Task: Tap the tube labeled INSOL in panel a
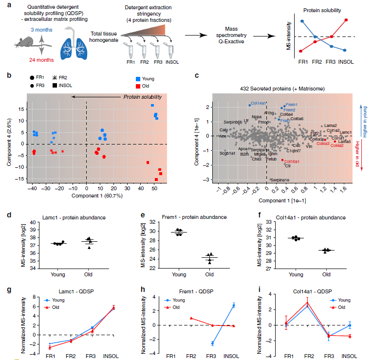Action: (x=169, y=50)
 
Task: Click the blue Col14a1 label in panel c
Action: (x=259, y=104)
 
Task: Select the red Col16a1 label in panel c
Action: (x=292, y=161)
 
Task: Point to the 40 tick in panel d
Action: (x=34, y=222)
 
